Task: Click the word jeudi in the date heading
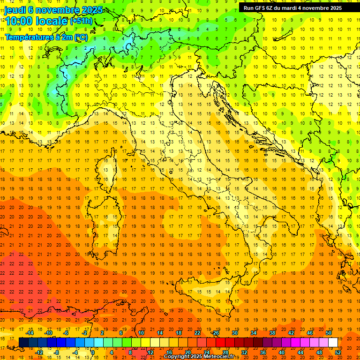pos(16,10)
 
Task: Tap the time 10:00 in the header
pos(20,21)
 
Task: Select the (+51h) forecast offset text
pos(81,21)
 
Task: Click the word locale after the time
pos(52,21)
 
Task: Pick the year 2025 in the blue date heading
pos(82,10)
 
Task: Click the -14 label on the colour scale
pos(30,333)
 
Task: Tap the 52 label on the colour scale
pos(338,352)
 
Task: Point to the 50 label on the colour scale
pos(329,333)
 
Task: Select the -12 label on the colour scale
pos(39,352)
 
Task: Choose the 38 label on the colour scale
pos(272,333)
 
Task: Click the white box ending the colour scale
pos(333,343)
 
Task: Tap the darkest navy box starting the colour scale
pos(23,343)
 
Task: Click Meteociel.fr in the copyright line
pos(222,357)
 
